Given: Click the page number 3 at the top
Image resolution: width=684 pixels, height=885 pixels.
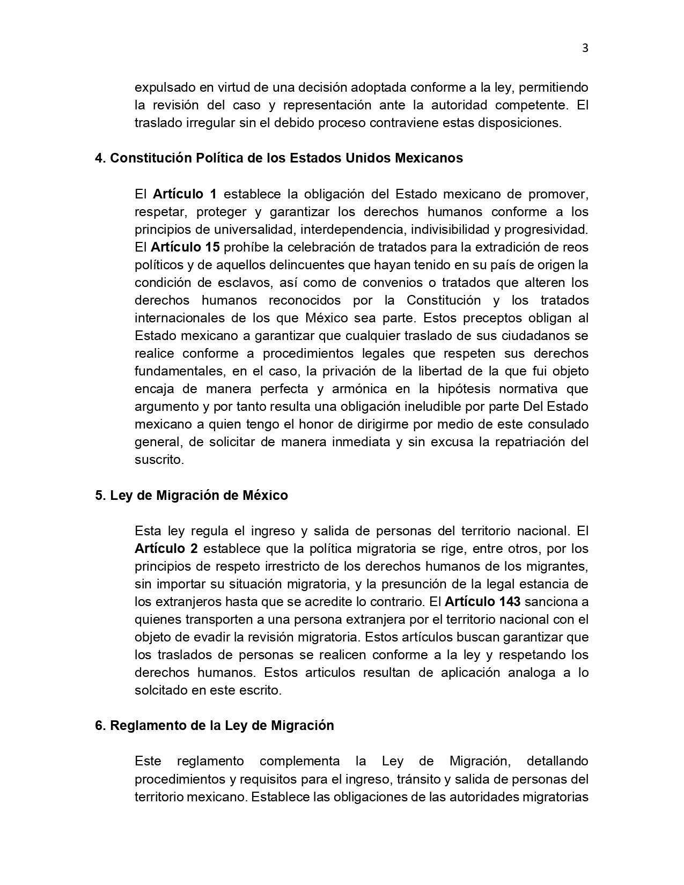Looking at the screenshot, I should [x=585, y=48].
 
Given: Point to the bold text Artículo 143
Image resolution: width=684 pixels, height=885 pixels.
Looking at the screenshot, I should [x=483, y=602].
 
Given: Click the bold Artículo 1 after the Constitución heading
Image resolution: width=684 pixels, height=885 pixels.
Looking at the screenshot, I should [x=185, y=194].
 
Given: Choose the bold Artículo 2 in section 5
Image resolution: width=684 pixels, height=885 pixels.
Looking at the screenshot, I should [x=166, y=549].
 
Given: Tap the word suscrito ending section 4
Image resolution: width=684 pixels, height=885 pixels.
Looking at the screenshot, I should [x=159, y=460].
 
